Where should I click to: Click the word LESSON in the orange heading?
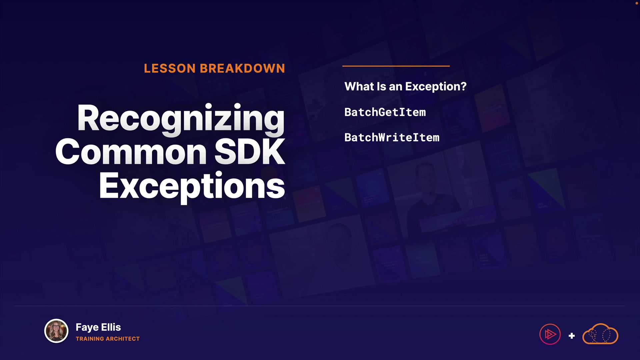170,68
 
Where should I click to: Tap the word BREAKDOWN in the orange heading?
242,68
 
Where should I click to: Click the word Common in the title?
131,152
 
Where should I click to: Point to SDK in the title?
250,152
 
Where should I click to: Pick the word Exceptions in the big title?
192,187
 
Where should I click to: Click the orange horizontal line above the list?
396,66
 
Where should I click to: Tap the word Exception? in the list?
436,87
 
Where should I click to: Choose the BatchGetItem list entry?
385,112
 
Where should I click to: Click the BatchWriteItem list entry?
392,137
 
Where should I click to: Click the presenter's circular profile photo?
56,331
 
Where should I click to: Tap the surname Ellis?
111,327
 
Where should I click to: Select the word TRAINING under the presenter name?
90,339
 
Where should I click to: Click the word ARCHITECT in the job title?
123,339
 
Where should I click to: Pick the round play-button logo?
550,334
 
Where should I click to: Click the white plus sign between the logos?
572,336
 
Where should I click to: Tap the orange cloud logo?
600,334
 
